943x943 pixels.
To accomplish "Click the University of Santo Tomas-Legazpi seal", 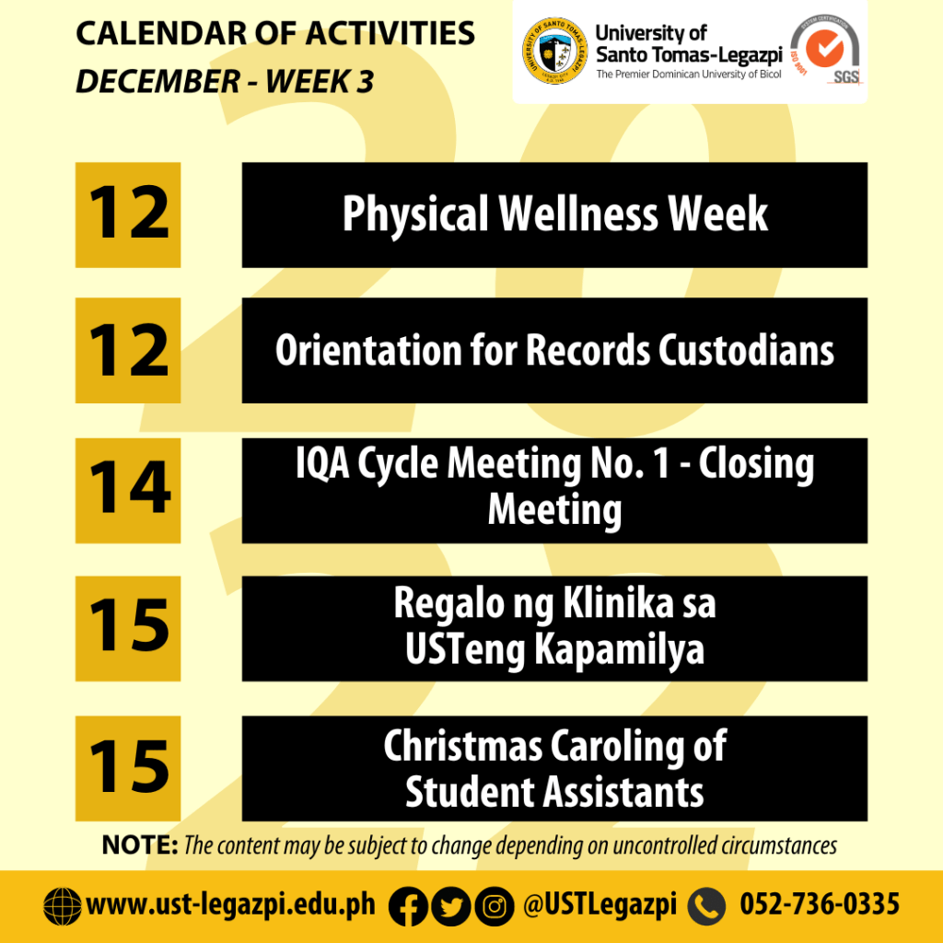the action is click(x=554, y=52).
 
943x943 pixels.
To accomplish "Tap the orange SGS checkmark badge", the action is click(x=824, y=49).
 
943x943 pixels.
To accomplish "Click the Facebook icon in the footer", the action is click(x=408, y=906).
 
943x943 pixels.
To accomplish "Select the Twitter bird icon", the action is click(x=451, y=906).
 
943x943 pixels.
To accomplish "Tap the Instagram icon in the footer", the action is click(x=495, y=906).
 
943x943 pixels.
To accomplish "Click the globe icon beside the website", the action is click(x=63, y=906).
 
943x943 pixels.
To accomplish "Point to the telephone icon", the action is click(x=706, y=906).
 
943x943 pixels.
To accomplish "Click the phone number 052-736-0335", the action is click(x=820, y=904).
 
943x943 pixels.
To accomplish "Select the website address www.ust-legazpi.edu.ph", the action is click(x=231, y=905).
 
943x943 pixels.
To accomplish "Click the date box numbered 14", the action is click(x=128, y=491).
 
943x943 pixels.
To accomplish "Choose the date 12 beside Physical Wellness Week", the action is click(x=128, y=215).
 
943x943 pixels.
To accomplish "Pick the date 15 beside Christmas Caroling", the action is click(x=128, y=768).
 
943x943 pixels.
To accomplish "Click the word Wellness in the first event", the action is click(x=578, y=214).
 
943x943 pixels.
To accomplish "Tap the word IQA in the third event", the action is click(x=322, y=464).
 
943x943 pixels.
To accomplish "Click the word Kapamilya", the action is click(x=620, y=650).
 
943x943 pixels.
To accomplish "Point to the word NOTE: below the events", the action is click(x=140, y=845).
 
